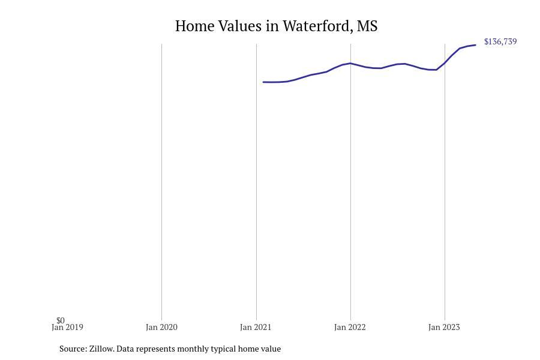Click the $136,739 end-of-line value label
(x=500, y=41)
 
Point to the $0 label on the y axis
(x=61, y=320)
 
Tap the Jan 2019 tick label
(x=67, y=327)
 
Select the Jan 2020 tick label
(x=161, y=327)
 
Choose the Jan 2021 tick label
(x=256, y=327)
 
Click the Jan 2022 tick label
(x=350, y=327)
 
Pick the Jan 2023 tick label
(x=444, y=327)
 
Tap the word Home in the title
(x=195, y=26)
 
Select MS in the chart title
(x=367, y=26)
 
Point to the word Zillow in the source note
(x=101, y=349)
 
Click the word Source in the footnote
(x=73, y=349)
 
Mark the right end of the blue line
(x=475, y=45)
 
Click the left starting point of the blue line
(x=263, y=82)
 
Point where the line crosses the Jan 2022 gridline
(x=350, y=64)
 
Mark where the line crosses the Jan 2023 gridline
(x=445, y=62)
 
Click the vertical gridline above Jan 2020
(x=161, y=182)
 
